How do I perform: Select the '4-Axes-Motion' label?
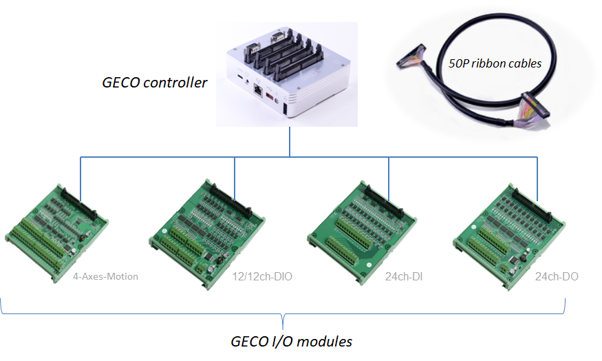coord(105,277)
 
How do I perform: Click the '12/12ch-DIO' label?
coord(258,277)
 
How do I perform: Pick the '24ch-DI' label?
coord(405,277)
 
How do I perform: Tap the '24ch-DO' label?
coord(557,277)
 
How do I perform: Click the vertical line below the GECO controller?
coord(289,142)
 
